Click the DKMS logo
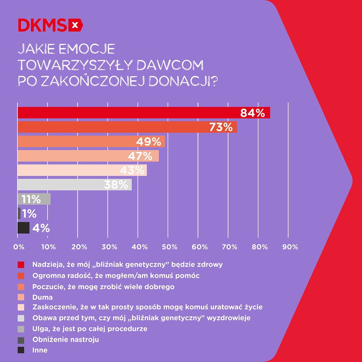(x=50, y=25)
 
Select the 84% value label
(x=253, y=113)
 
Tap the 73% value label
(x=221, y=127)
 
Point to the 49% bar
(x=91, y=141)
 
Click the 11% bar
(x=34, y=199)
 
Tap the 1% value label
(x=29, y=214)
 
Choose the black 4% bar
(x=23, y=228)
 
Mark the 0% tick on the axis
(x=18, y=247)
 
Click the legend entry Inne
(x=40, y=350)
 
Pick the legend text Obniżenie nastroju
(x=66, y=339)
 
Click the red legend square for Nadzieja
(x=21, y=265)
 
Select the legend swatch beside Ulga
(x=21, y=329)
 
